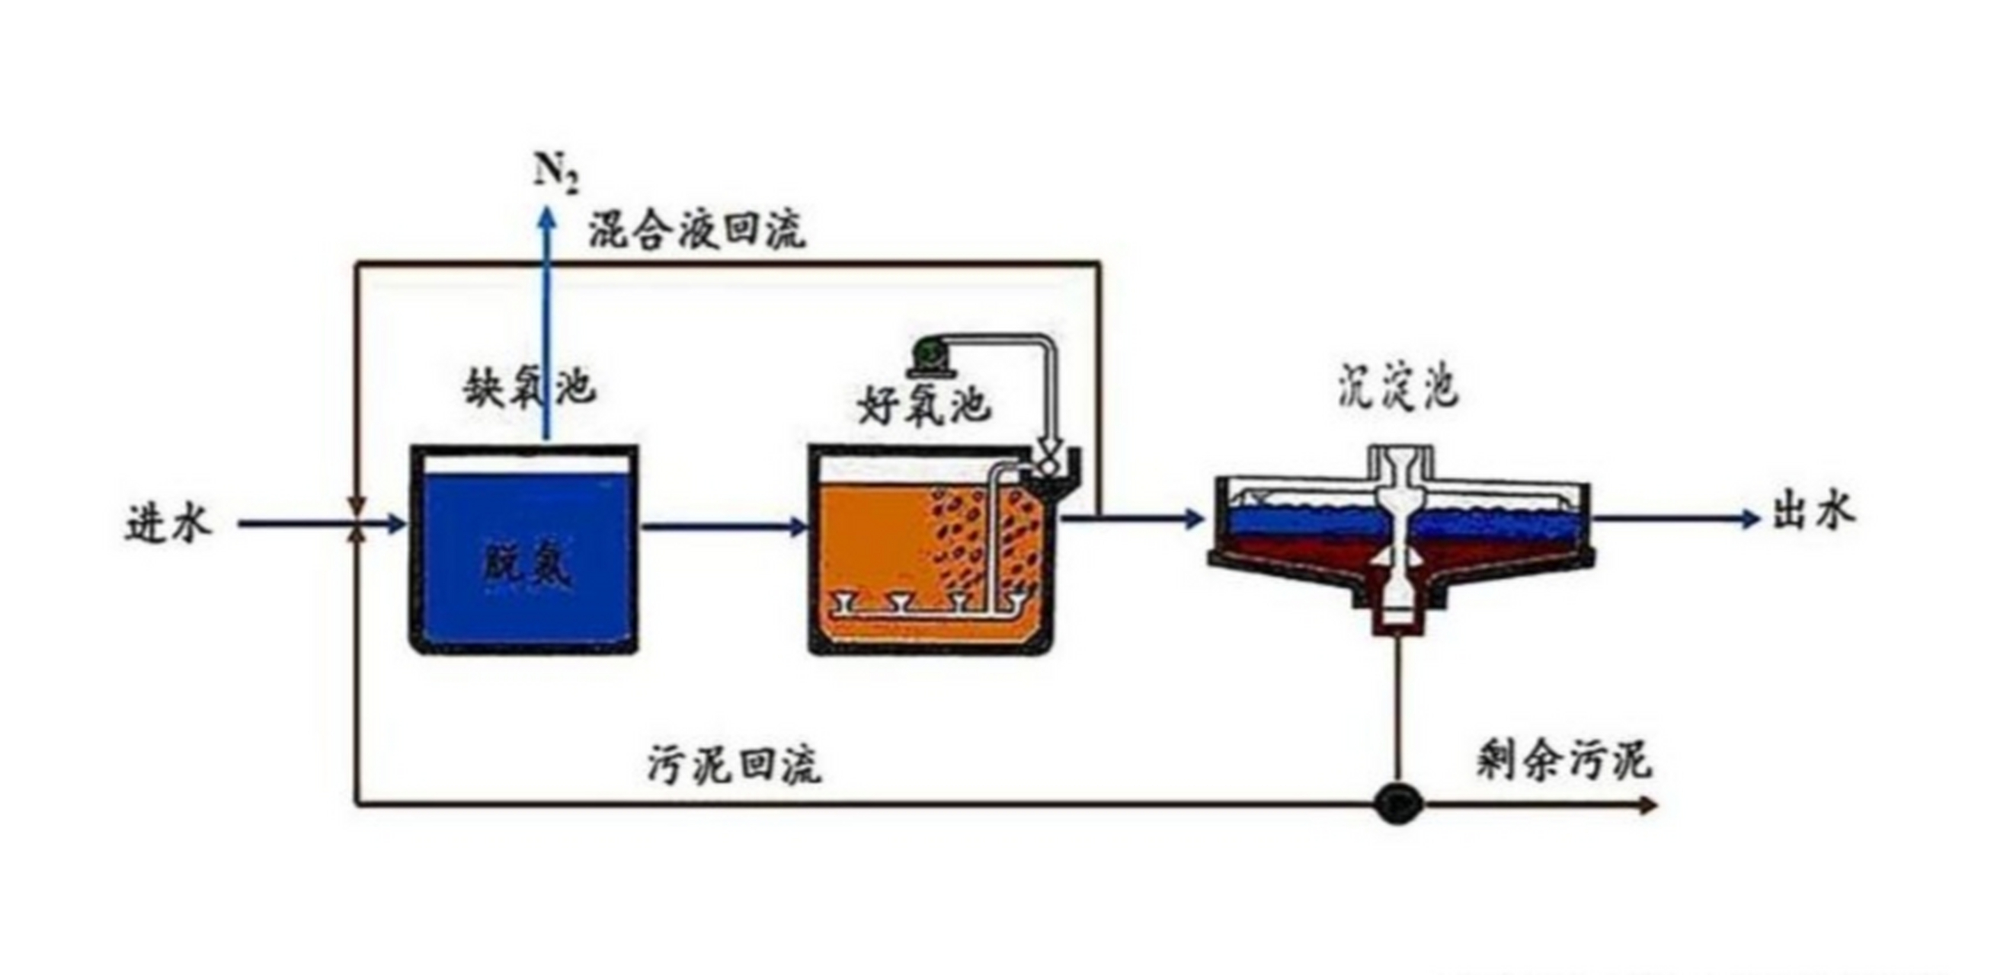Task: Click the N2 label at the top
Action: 555,172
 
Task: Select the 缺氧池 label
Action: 530,386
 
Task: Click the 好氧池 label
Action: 924,404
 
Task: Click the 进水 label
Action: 168,524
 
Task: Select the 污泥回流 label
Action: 735,766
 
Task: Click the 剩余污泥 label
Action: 1564,761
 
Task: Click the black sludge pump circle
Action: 1398,805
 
